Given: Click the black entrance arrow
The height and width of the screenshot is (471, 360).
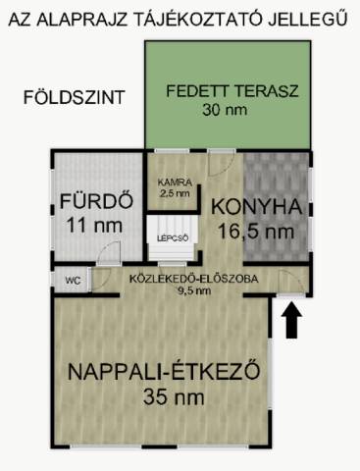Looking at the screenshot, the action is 291,322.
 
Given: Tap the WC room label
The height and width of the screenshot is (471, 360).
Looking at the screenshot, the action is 74,281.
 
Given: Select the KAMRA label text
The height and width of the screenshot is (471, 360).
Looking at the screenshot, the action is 175,182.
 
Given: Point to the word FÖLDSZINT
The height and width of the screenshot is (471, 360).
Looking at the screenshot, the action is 75,97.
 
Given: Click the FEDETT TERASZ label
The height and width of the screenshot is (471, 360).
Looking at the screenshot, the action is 232,90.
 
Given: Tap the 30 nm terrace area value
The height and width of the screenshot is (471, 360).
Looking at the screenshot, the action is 225,110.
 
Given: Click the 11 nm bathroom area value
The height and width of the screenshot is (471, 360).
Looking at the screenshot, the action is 94,225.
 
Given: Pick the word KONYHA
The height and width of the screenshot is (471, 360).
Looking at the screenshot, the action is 256,206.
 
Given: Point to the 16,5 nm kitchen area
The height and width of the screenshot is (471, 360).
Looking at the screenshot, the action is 256,232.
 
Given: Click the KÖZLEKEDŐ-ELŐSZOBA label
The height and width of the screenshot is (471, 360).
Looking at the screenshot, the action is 194,279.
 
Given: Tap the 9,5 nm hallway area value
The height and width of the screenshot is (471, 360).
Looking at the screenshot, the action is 194,290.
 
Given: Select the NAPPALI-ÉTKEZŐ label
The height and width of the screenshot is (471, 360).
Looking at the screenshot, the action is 164,372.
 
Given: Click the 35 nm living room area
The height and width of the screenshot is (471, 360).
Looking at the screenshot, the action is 174,397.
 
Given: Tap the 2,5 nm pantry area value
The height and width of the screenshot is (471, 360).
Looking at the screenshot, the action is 175,193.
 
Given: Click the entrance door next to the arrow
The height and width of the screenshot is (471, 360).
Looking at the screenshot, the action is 291,284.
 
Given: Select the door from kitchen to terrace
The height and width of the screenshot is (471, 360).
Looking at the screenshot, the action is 222,163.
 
